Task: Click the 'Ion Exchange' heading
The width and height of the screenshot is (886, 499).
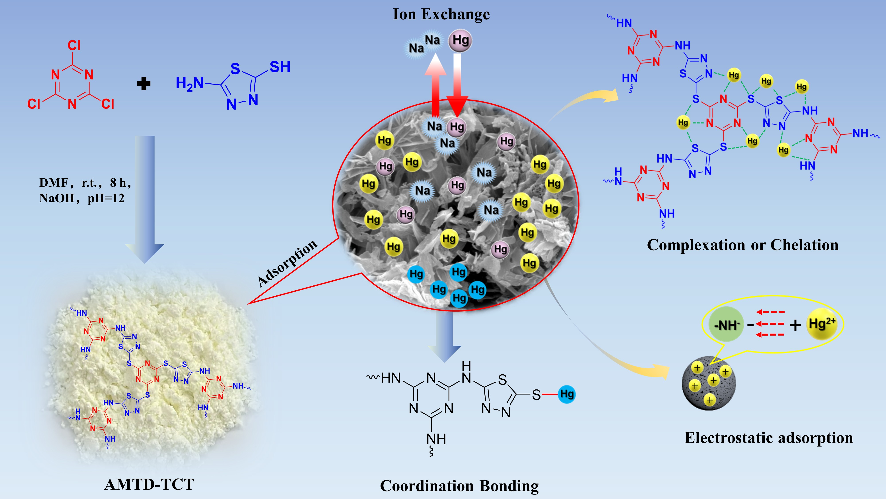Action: pyautogui.click(x=441, y=14)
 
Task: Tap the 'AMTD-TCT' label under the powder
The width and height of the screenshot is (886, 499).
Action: pyautogui.click(x=149, y=484)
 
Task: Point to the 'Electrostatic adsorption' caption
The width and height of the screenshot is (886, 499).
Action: pyautogui.click(x=769, y=438)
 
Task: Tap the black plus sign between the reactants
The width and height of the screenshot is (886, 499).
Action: pyautogui.click(x=144, y=84)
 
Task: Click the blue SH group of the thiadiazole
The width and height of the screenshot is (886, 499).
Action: pyautogui.click(x=280, y=67)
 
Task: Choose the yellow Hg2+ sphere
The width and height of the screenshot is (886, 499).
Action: pyautogui.click(x=821, y=324)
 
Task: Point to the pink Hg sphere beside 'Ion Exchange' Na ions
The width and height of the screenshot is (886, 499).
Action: pyautogui.click(x=460, y=41)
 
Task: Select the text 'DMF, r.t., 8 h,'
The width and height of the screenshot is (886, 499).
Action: pyautogui.click(x=85, y=183)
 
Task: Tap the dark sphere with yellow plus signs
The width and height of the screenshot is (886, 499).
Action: pyautogui.click(x=709, y=383)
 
